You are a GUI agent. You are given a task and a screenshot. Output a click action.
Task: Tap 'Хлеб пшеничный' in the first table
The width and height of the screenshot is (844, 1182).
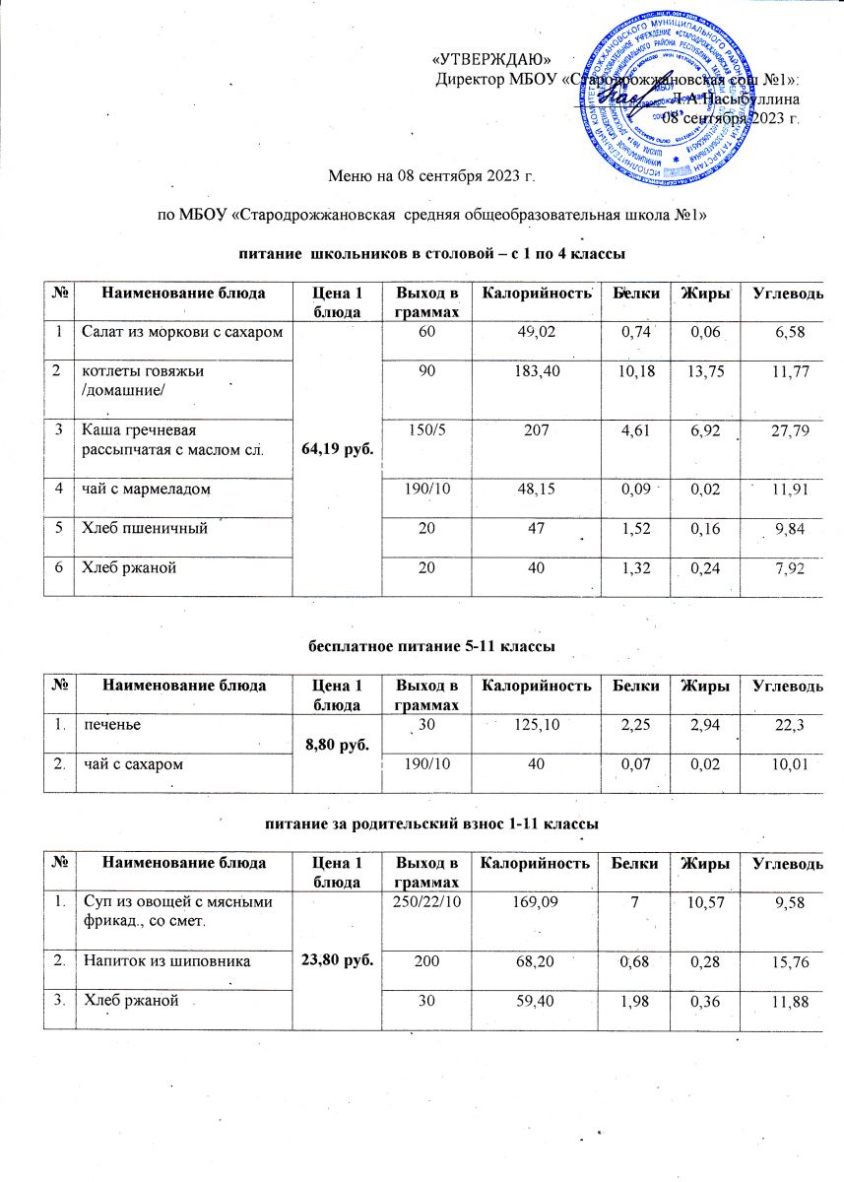pos(143,530)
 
